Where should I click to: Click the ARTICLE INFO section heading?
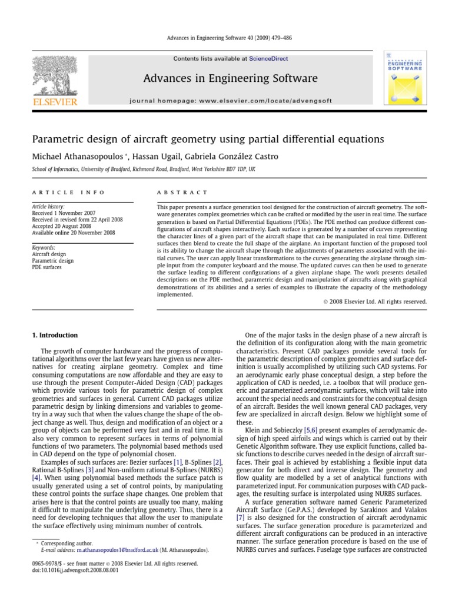pyautogui.click(x=68, y=193)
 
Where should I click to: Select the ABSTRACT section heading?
pyautogui.click(x=182, y=193)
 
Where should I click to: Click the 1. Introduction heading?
pyautogui.click(x=54, y=335)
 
